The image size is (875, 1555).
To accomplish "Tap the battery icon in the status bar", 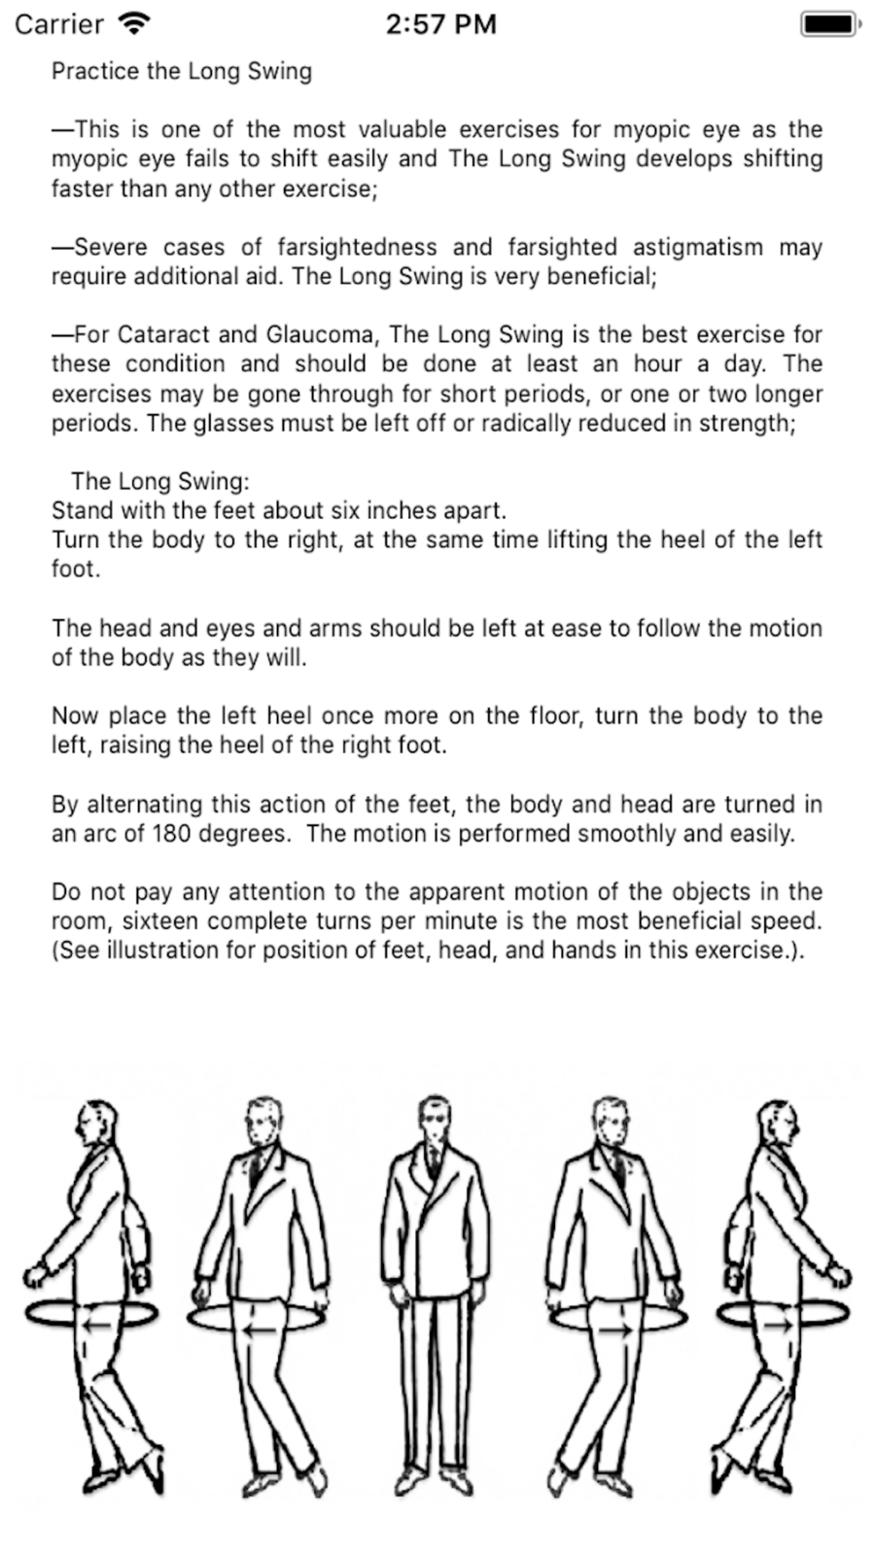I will (x=829, y=23).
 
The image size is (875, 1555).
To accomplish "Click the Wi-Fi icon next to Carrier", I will (x=133, y=23).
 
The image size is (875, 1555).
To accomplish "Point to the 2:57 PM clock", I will (x=440, y=23).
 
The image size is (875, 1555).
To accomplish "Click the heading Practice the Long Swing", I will (x=182, y=71).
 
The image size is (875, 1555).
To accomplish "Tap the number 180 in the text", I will (x=173, y=833).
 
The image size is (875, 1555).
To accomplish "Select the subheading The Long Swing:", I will (x=160, y=481).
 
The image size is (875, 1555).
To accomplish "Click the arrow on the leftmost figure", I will (x=94, y=1325).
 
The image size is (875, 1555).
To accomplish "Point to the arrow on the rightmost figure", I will (x=778, y=1325).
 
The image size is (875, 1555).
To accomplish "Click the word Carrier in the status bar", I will (x=58, y=23).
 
